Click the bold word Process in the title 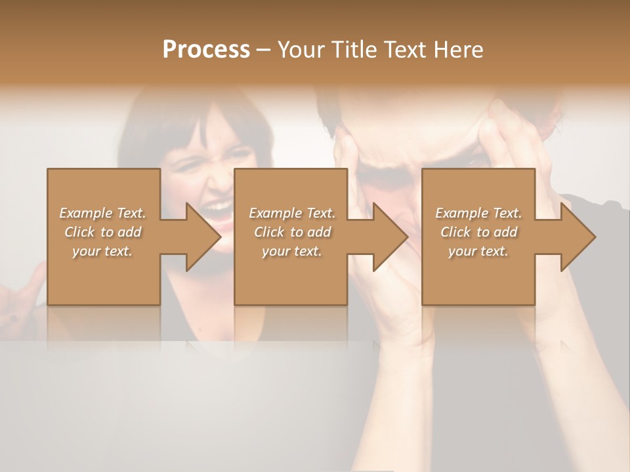tap(206, 50)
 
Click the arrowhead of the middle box tap(387, 237)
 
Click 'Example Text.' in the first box tap(102, 213)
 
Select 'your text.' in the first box tap(102, 251)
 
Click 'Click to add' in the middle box tap(292, 232)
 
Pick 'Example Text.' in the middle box tap(292, 213)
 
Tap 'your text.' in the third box tap(478, 251)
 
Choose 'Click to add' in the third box tap(478, 232)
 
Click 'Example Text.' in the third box tap(478, 213)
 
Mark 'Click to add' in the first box tap(102, 232)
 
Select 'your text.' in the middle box tap(292, 251)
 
